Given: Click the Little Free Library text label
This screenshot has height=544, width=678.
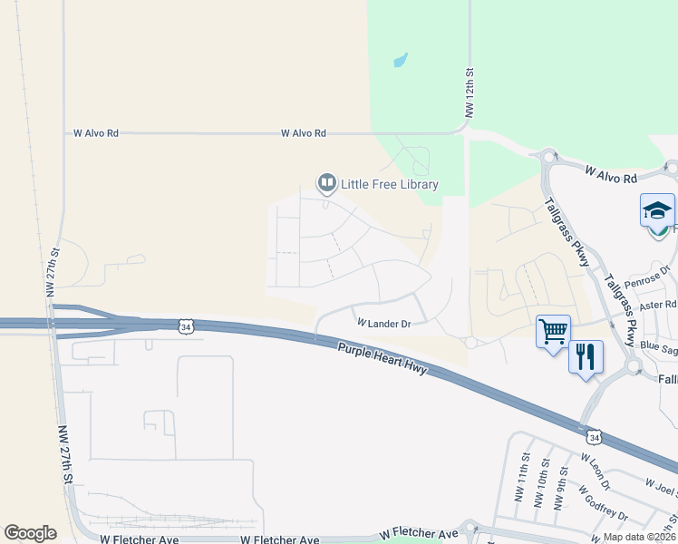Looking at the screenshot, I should click(390, 184).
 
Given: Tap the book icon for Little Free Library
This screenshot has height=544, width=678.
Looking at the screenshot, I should click(326, 184).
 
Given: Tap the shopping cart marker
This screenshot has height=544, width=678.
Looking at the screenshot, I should click(553, 333).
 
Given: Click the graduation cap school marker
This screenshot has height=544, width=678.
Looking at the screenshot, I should click(657, 212).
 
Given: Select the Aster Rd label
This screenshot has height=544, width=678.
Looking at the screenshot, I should click(657, 307).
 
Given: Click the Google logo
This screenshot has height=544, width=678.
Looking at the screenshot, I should click(31, 533).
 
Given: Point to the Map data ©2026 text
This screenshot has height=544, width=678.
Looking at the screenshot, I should click(639, 537).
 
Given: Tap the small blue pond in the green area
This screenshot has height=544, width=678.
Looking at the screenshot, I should click(400, 62).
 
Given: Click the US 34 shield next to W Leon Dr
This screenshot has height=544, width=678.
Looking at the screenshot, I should click(593, 437).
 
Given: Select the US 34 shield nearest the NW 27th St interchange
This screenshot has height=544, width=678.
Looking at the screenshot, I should click(186, 325).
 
